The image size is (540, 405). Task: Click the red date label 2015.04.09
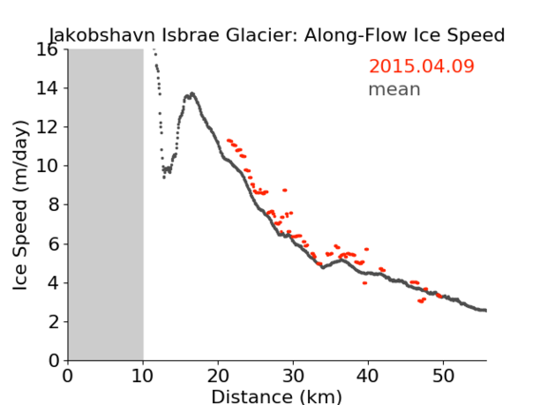(421, 67)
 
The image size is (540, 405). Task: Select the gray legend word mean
(395, 89)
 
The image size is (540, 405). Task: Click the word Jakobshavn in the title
(103, 35)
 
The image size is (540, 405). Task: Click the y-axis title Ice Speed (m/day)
(20, 205)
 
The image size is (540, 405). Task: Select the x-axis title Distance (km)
(277, 396)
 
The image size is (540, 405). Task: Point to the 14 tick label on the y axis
(48, 88)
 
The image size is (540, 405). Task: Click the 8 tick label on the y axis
(53, 205)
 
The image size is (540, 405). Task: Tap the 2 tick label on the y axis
(53, 322)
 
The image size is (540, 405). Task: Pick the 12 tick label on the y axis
(48, 127)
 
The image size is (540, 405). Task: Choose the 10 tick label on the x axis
(143, 376)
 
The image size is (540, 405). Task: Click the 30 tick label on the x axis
(293, 376)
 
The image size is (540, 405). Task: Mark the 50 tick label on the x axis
(443, 376)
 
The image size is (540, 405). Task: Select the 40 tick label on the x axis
(368, 376)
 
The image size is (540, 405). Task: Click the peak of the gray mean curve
(192, 93)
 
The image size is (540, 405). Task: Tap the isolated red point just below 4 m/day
(365, 283)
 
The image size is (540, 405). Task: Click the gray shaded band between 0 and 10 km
(106, 205)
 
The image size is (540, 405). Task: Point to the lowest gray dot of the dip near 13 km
(164, 178)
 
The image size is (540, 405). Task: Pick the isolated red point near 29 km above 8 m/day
(285, 190)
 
